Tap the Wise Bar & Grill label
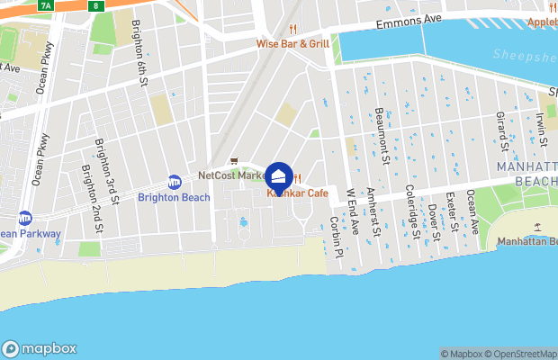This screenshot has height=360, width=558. coord(292,42)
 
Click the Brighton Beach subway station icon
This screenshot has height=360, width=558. coord(175,182)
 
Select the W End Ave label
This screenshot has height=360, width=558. coord(354,212)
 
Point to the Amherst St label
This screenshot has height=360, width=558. coord(373,213)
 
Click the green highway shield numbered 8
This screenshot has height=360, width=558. coord(96,5)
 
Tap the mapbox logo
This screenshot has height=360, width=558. coord(40,348)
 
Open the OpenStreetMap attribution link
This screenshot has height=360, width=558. coord(521,354)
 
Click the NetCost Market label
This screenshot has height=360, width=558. coord(230,175)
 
